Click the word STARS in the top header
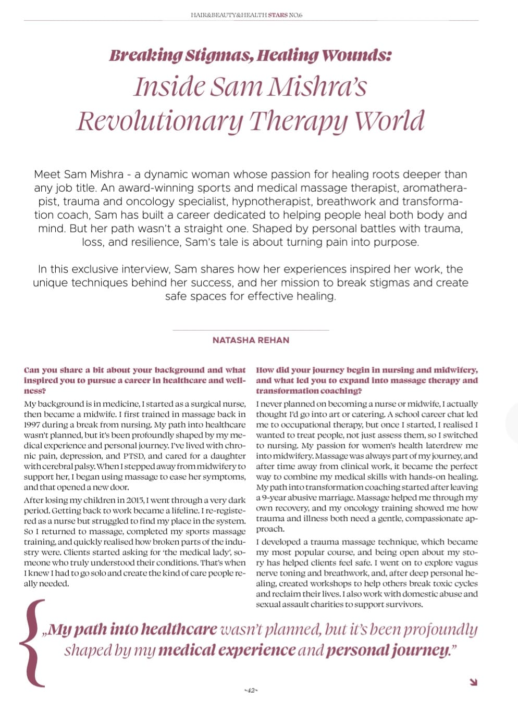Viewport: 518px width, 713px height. (278, 15)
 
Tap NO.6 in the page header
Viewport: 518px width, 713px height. (295, 15)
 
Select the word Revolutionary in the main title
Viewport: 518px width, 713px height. (159, 121)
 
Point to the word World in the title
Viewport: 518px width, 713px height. (389, 121)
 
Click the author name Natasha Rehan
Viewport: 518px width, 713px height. (251, 340)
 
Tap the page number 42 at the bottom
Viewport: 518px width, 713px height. (251, 690)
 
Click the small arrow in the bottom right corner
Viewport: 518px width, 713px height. (473, 682)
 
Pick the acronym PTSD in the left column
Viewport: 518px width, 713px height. (133, 456)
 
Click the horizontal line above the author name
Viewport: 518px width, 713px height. (251, 330)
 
